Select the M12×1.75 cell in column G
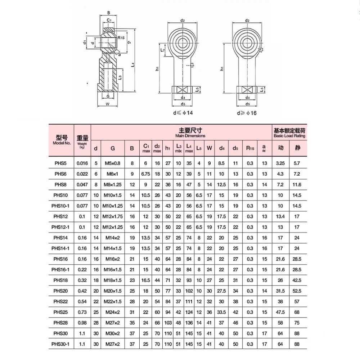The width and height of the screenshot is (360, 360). [113, 216]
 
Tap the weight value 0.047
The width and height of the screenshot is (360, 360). [82, 184]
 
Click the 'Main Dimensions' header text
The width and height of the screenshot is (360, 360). [190, 136]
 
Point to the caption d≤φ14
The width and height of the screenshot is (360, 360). [183, 113]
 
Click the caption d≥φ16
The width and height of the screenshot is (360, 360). [247, 113]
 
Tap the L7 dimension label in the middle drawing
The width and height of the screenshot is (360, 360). [162, 51]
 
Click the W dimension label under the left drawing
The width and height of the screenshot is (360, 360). [108, 104]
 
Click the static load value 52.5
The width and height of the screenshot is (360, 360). [297, 291]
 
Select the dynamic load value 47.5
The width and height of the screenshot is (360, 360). [280, 312]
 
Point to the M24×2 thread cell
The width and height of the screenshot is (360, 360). [113, 312]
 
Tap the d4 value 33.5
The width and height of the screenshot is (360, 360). [221, 312]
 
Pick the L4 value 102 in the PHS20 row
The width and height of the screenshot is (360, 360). [189, 291]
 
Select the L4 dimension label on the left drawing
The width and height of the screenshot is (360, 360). [133, 65]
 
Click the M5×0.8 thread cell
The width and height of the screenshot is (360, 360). [113, 163]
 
